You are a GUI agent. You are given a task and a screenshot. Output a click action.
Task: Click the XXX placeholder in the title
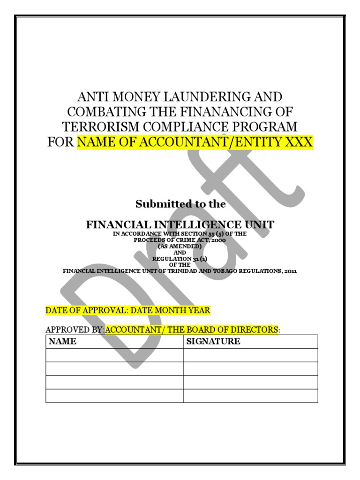300,142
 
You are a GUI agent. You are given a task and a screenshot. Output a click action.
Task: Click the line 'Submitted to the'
180,204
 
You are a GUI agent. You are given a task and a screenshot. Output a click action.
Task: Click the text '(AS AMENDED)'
180,246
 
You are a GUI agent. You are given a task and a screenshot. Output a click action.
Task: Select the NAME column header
62,342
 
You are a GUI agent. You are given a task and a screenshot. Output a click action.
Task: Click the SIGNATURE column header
213,342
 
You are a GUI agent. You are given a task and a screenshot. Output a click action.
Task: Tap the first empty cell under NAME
114,355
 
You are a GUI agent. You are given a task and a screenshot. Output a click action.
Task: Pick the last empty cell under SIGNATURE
250,396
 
